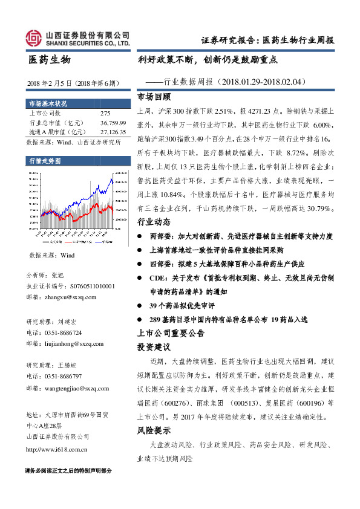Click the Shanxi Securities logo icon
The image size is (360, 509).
pos(34,39)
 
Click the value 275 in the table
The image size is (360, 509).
pos(105,113)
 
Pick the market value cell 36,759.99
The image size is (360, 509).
pos(113,122)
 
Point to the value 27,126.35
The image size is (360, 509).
pos(113,131)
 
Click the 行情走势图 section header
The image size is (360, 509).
pos(45,161)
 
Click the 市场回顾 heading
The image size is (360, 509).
pos(154,97)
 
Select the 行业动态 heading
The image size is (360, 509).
pos(154,221)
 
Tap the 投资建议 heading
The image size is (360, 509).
pos(154,348)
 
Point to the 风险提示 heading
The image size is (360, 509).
pos(154,430)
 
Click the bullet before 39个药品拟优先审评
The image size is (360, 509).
pos(140,305)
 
